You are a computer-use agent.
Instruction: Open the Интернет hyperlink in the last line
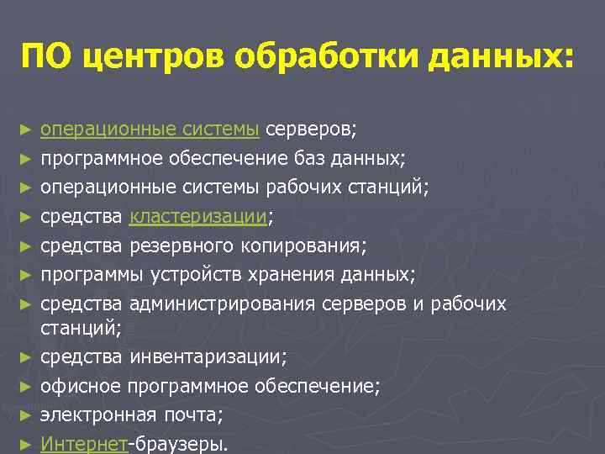tap(84, 443)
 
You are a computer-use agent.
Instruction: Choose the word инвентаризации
tap(207, 357)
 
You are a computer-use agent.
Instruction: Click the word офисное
tap(82, 386)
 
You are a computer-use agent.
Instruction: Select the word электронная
tap(95, 414)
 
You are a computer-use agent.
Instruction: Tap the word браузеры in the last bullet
tap(181, 443)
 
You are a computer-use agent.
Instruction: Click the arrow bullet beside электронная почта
tap(27, 415)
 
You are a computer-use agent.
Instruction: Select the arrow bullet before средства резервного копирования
tap(27, 245)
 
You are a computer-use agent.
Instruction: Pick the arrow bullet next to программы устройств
tap(27, 274)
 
